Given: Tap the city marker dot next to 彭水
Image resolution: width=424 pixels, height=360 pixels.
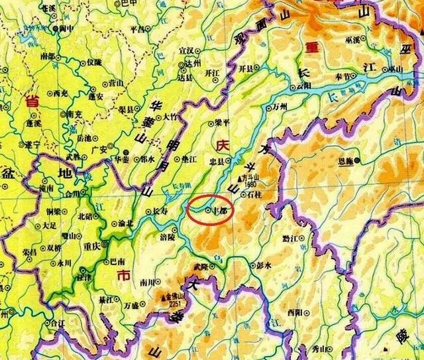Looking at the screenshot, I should point(250,265).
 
